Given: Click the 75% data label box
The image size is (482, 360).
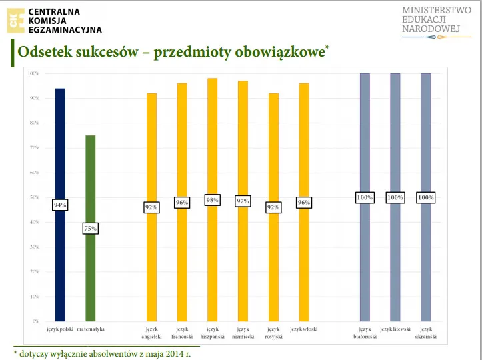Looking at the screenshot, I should point(91,229).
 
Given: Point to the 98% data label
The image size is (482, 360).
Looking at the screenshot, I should point(212,199).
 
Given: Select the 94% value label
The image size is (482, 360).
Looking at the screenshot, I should point(60,205).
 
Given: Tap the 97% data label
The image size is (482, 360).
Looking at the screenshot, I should point(243,201).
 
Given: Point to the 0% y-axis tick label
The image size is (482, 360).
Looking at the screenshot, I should point(35,321).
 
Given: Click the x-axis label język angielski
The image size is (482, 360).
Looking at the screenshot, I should point(151,333).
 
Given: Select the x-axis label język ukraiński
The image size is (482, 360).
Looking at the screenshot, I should point(425,333).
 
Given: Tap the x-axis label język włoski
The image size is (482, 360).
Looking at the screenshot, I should point(304,329).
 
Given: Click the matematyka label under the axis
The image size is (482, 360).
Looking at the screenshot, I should point(91,329).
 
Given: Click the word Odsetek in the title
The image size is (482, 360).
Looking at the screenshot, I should point(44,53).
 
